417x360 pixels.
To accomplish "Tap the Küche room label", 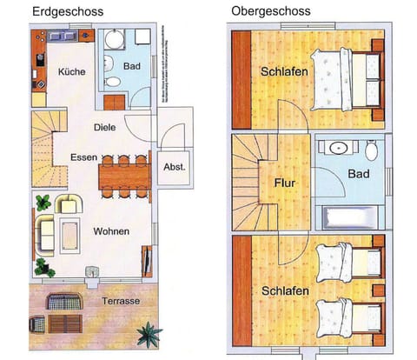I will click(71, 72).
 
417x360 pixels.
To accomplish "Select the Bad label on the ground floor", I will click(132, 66).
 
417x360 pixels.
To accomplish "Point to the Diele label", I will click(105, 128).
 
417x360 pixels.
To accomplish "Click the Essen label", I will click(83, 157).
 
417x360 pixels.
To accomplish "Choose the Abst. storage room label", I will click(174, 167).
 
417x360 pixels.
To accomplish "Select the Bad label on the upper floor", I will click(358, 175).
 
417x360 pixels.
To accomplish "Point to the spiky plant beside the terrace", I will click(149, 333).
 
